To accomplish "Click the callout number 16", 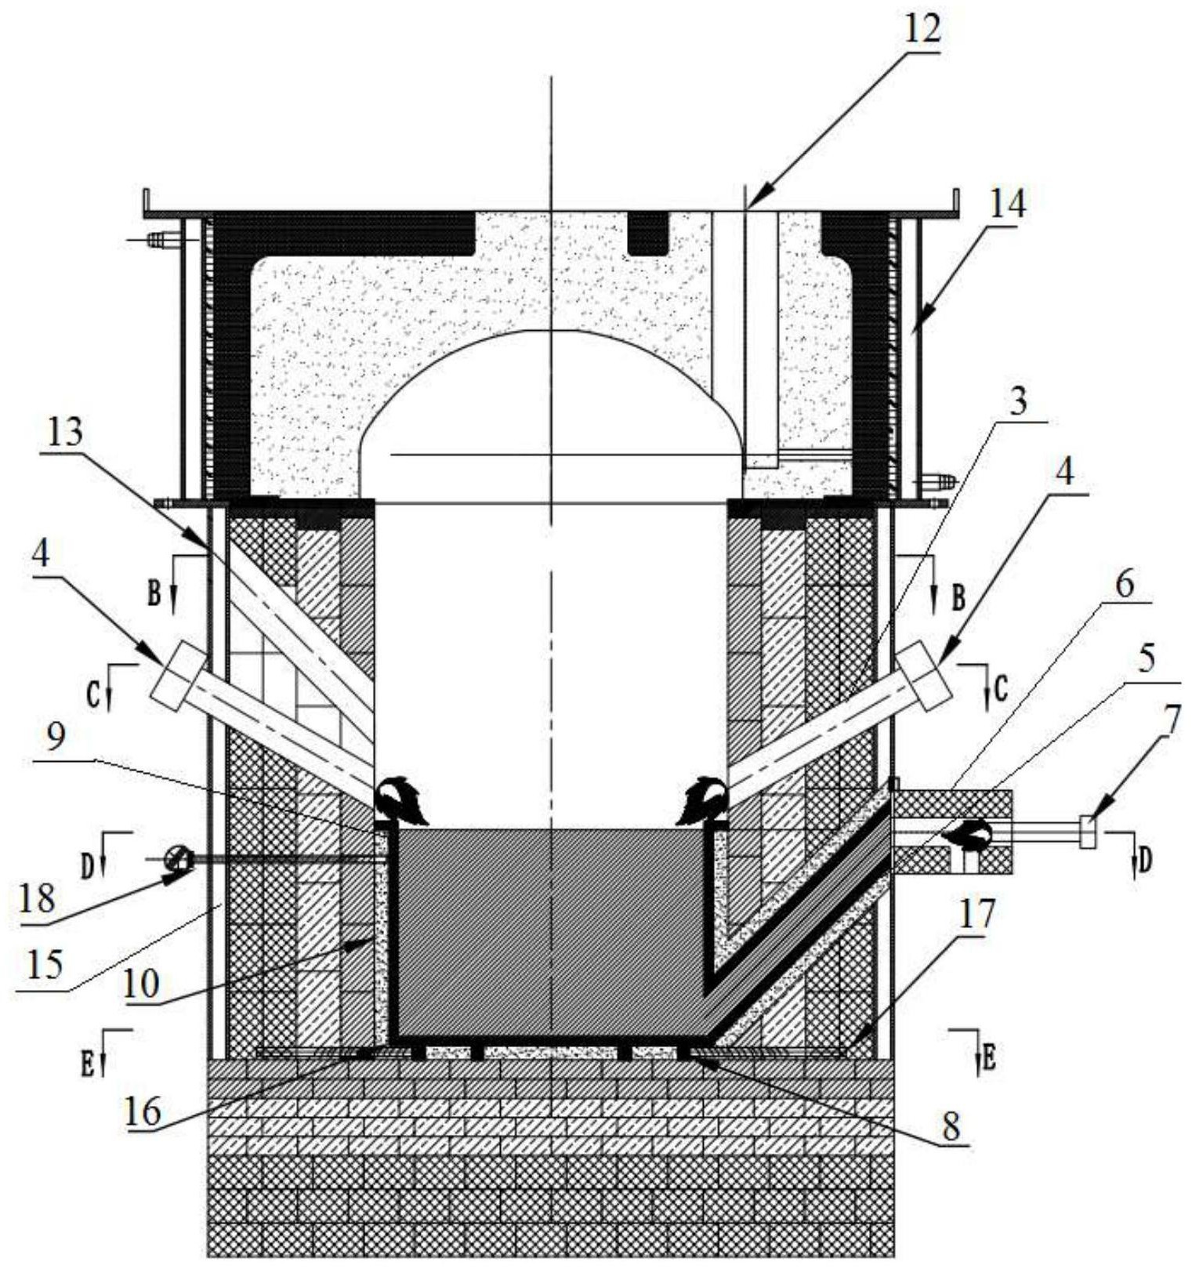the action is [x=143, y=1111].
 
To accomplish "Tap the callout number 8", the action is [x=951, y=1128].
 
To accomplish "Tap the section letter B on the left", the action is [x=154, y=595].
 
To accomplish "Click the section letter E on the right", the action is [x=988, y=1061].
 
